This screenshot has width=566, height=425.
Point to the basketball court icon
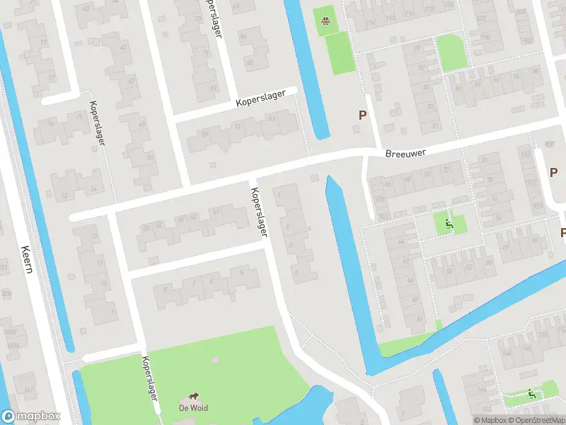[325, 21]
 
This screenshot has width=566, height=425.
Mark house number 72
[446, 171]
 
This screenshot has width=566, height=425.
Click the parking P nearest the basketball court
[363, 115]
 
